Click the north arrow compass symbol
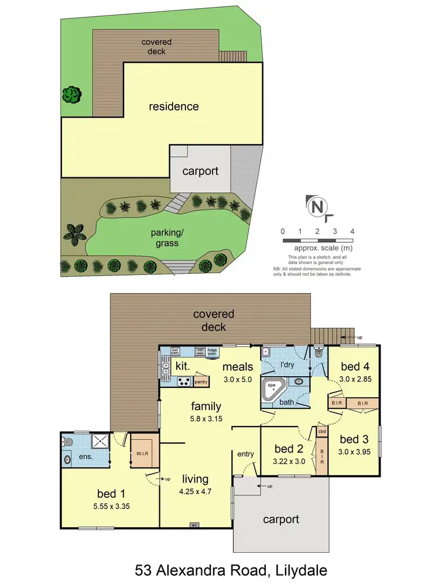(317, 207)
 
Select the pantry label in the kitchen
(201, 382)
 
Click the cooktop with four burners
(184, 381)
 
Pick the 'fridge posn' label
(212, 352)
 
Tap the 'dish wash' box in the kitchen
(174, 352)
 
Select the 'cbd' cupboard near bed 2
(322, 432)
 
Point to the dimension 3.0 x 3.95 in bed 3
(356, 452)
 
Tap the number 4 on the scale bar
(352, 232)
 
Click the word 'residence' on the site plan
(173, 106)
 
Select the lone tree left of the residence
(72, 93)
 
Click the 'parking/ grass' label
(163, 238)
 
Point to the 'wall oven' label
(199, 352)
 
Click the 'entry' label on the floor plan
(245, 454)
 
